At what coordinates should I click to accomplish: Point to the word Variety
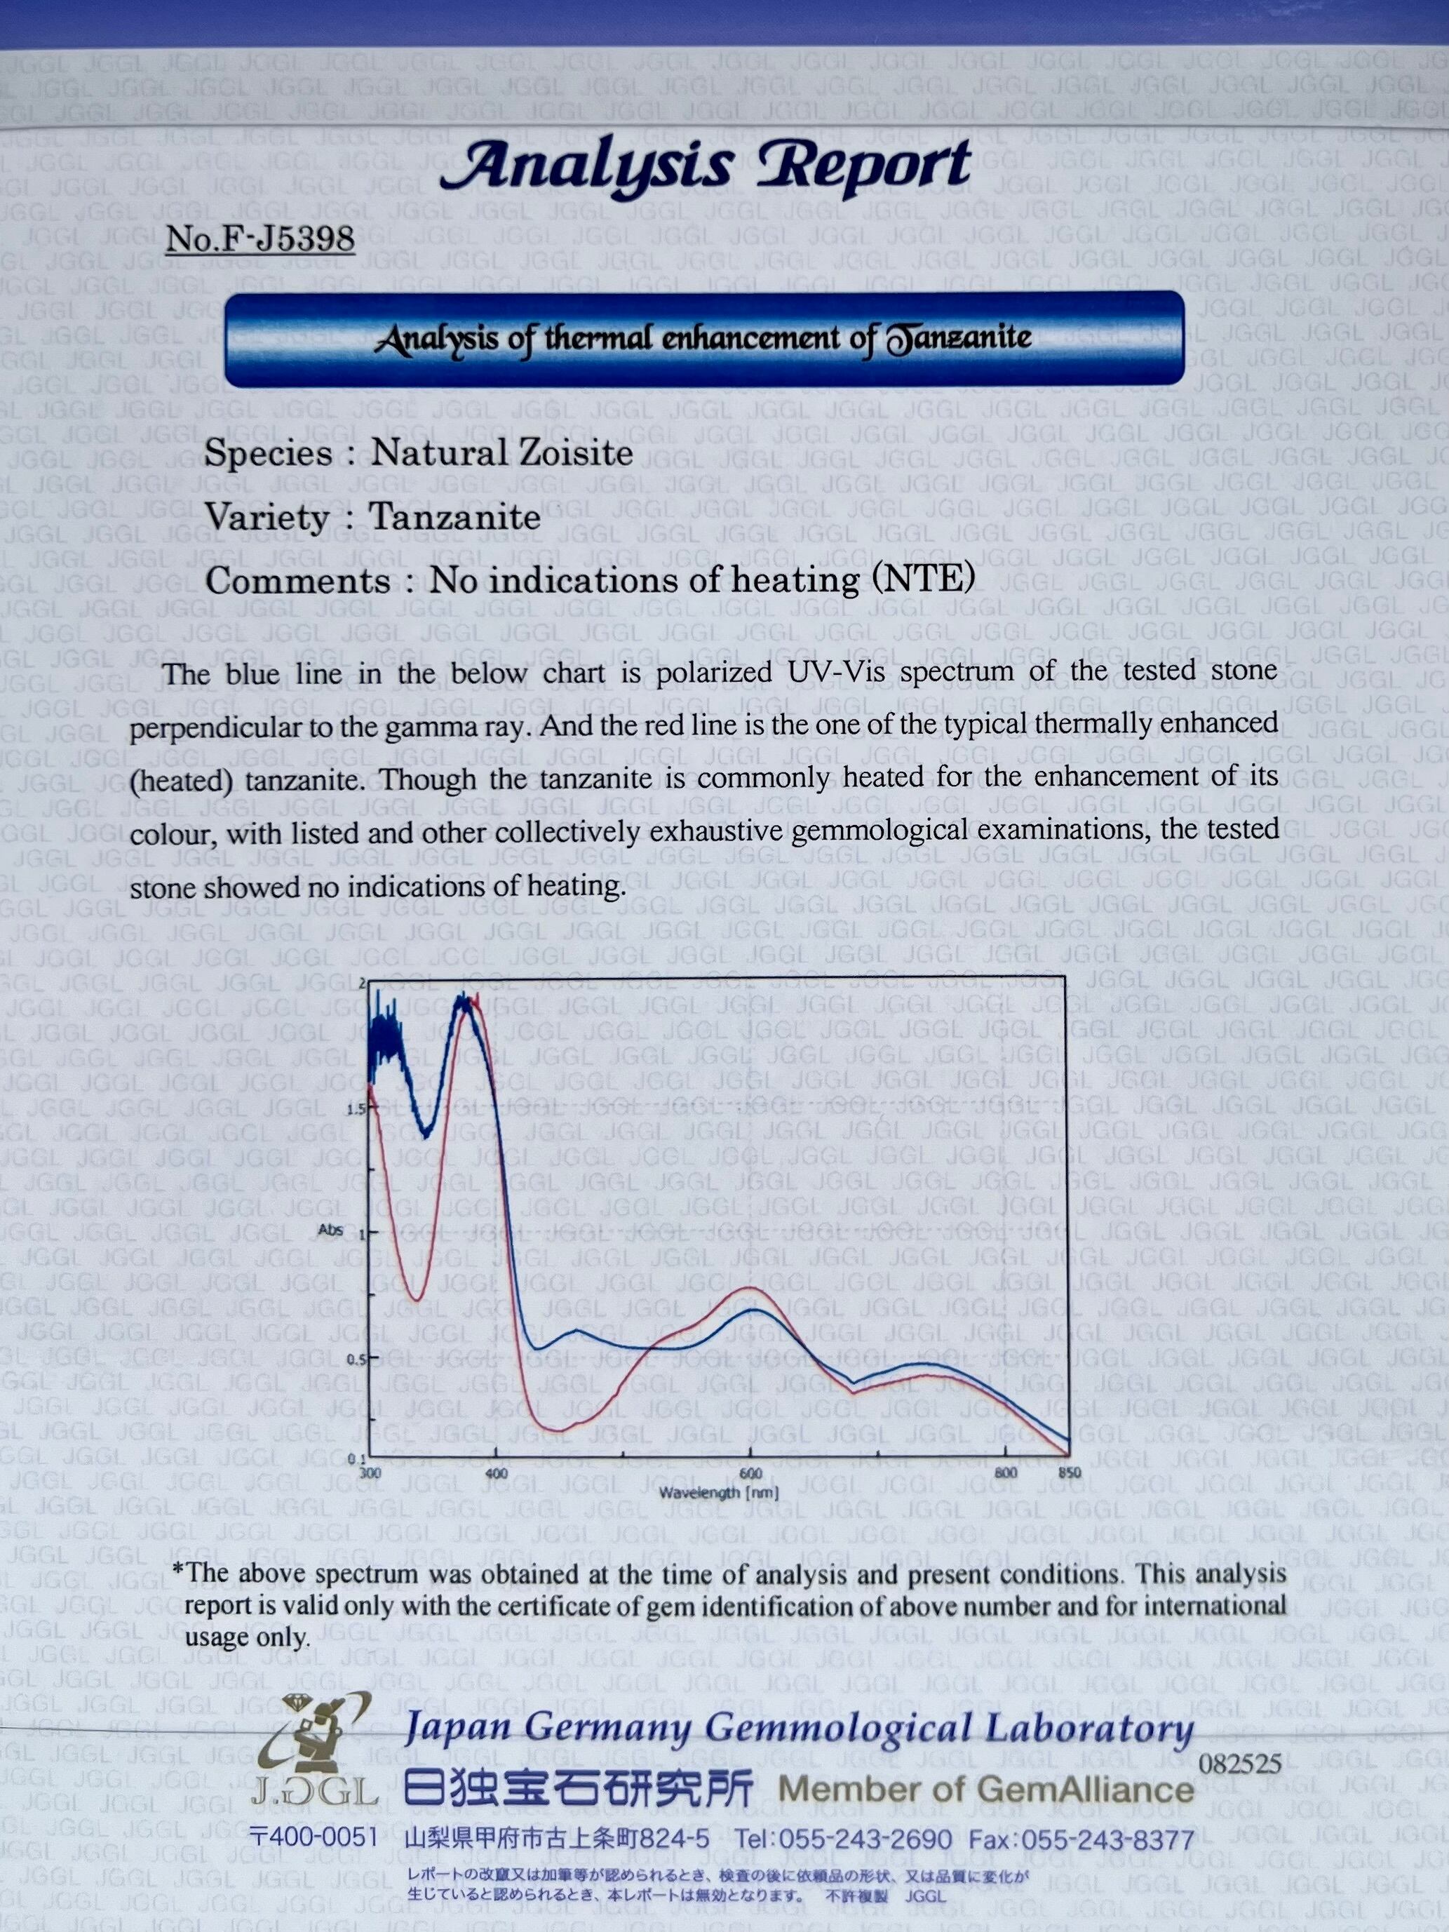pos(267,517)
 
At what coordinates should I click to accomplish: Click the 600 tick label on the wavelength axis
pos(750,1473)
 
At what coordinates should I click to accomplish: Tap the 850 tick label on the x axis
pos(1069,1473)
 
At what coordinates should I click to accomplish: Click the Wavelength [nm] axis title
pos(718,1493)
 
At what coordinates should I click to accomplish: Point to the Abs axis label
pos(330,1230)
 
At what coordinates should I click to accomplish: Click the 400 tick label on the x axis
pos(495,1473)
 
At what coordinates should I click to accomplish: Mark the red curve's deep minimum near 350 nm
pos(417,1300)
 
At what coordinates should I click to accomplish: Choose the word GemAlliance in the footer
pos(1086,1790)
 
